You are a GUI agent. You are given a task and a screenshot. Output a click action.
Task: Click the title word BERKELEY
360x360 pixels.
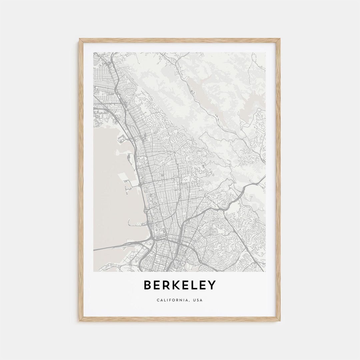180,285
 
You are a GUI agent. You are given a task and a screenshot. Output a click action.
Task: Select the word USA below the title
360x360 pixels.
197,300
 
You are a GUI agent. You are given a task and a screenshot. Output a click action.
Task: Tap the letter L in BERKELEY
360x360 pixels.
193,285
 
